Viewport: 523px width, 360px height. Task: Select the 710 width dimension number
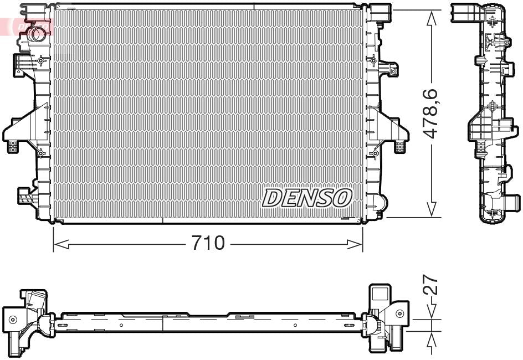tap(208, 243)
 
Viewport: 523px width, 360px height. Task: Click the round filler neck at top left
tap(37, 33)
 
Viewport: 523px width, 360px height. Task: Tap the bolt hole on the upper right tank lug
tap(393, 70)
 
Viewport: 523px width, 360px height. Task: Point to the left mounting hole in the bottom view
tap(12, 319)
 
